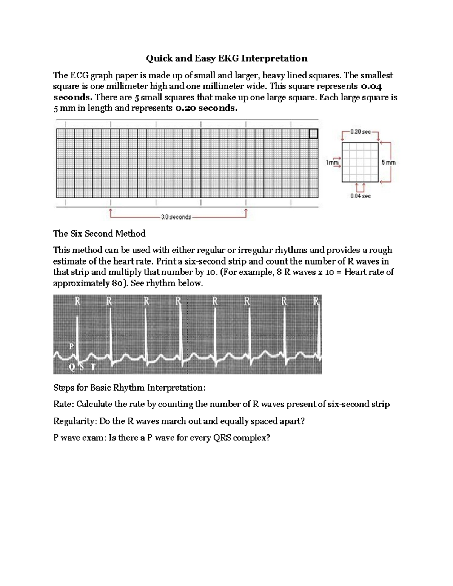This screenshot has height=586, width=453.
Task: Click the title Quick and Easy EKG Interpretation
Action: [226, 58]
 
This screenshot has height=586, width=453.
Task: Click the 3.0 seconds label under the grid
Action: [176, 217]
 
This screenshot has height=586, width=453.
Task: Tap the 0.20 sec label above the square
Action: [360, 132]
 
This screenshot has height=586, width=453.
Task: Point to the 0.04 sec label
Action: [360, 196]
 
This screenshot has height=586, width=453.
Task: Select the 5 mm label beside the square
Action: [388, 163]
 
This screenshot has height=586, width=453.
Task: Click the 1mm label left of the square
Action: [332, 163]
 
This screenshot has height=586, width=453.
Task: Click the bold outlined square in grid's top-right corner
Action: [313, 134]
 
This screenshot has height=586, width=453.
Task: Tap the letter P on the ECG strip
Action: [71, 346]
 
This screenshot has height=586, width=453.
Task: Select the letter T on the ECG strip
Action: [93, 367]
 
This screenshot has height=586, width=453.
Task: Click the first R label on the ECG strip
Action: [77, 301]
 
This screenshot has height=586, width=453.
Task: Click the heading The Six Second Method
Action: [99, 234]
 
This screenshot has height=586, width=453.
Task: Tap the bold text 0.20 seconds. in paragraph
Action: [206, 108]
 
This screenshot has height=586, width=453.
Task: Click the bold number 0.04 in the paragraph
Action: [371, 86]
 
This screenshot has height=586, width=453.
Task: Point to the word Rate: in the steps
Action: [64, 405]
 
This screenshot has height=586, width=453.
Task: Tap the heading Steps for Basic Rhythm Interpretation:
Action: [129, 388]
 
